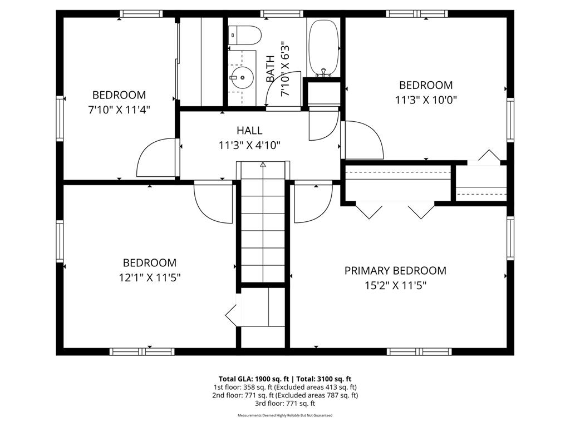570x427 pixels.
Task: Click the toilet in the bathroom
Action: tap(244, 36)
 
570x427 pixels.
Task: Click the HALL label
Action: tap(249, 131)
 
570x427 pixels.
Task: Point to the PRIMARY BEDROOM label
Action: tap(395, 271)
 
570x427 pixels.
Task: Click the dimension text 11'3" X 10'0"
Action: tap(426, 100)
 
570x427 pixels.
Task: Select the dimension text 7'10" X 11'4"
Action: tap(119, 110)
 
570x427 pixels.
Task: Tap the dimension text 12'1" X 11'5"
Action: tap(150, 277)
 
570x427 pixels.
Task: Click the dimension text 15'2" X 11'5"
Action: tap(395, 286)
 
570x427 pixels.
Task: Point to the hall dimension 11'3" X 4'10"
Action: tap(249, 146)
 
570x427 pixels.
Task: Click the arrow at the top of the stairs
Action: tap(263, 165)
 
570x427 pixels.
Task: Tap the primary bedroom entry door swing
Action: tap(314, 202)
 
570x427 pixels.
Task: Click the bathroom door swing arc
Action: tap(285, 89)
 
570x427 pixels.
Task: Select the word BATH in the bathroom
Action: tap(271, 69)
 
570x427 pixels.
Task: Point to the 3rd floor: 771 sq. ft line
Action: tap(284, 404)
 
